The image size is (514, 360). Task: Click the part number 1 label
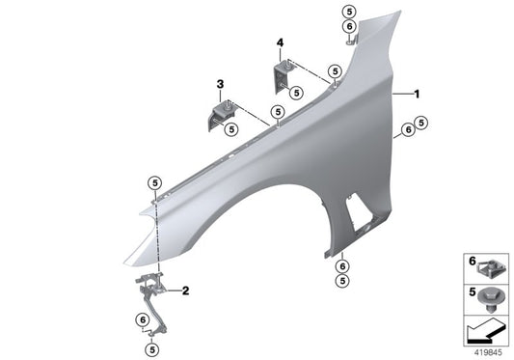click(417, 95)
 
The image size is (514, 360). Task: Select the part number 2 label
click(186, 290)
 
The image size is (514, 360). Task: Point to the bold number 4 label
click(280, 43)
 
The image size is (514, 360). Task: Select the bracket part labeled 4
click(281, 78)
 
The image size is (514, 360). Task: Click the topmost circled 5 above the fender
click(349, 11)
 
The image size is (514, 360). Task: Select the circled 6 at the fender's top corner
click(349, 27)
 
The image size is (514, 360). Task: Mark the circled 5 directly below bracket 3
click(231, 130)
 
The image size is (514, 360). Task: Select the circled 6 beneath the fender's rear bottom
click(342, 265)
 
